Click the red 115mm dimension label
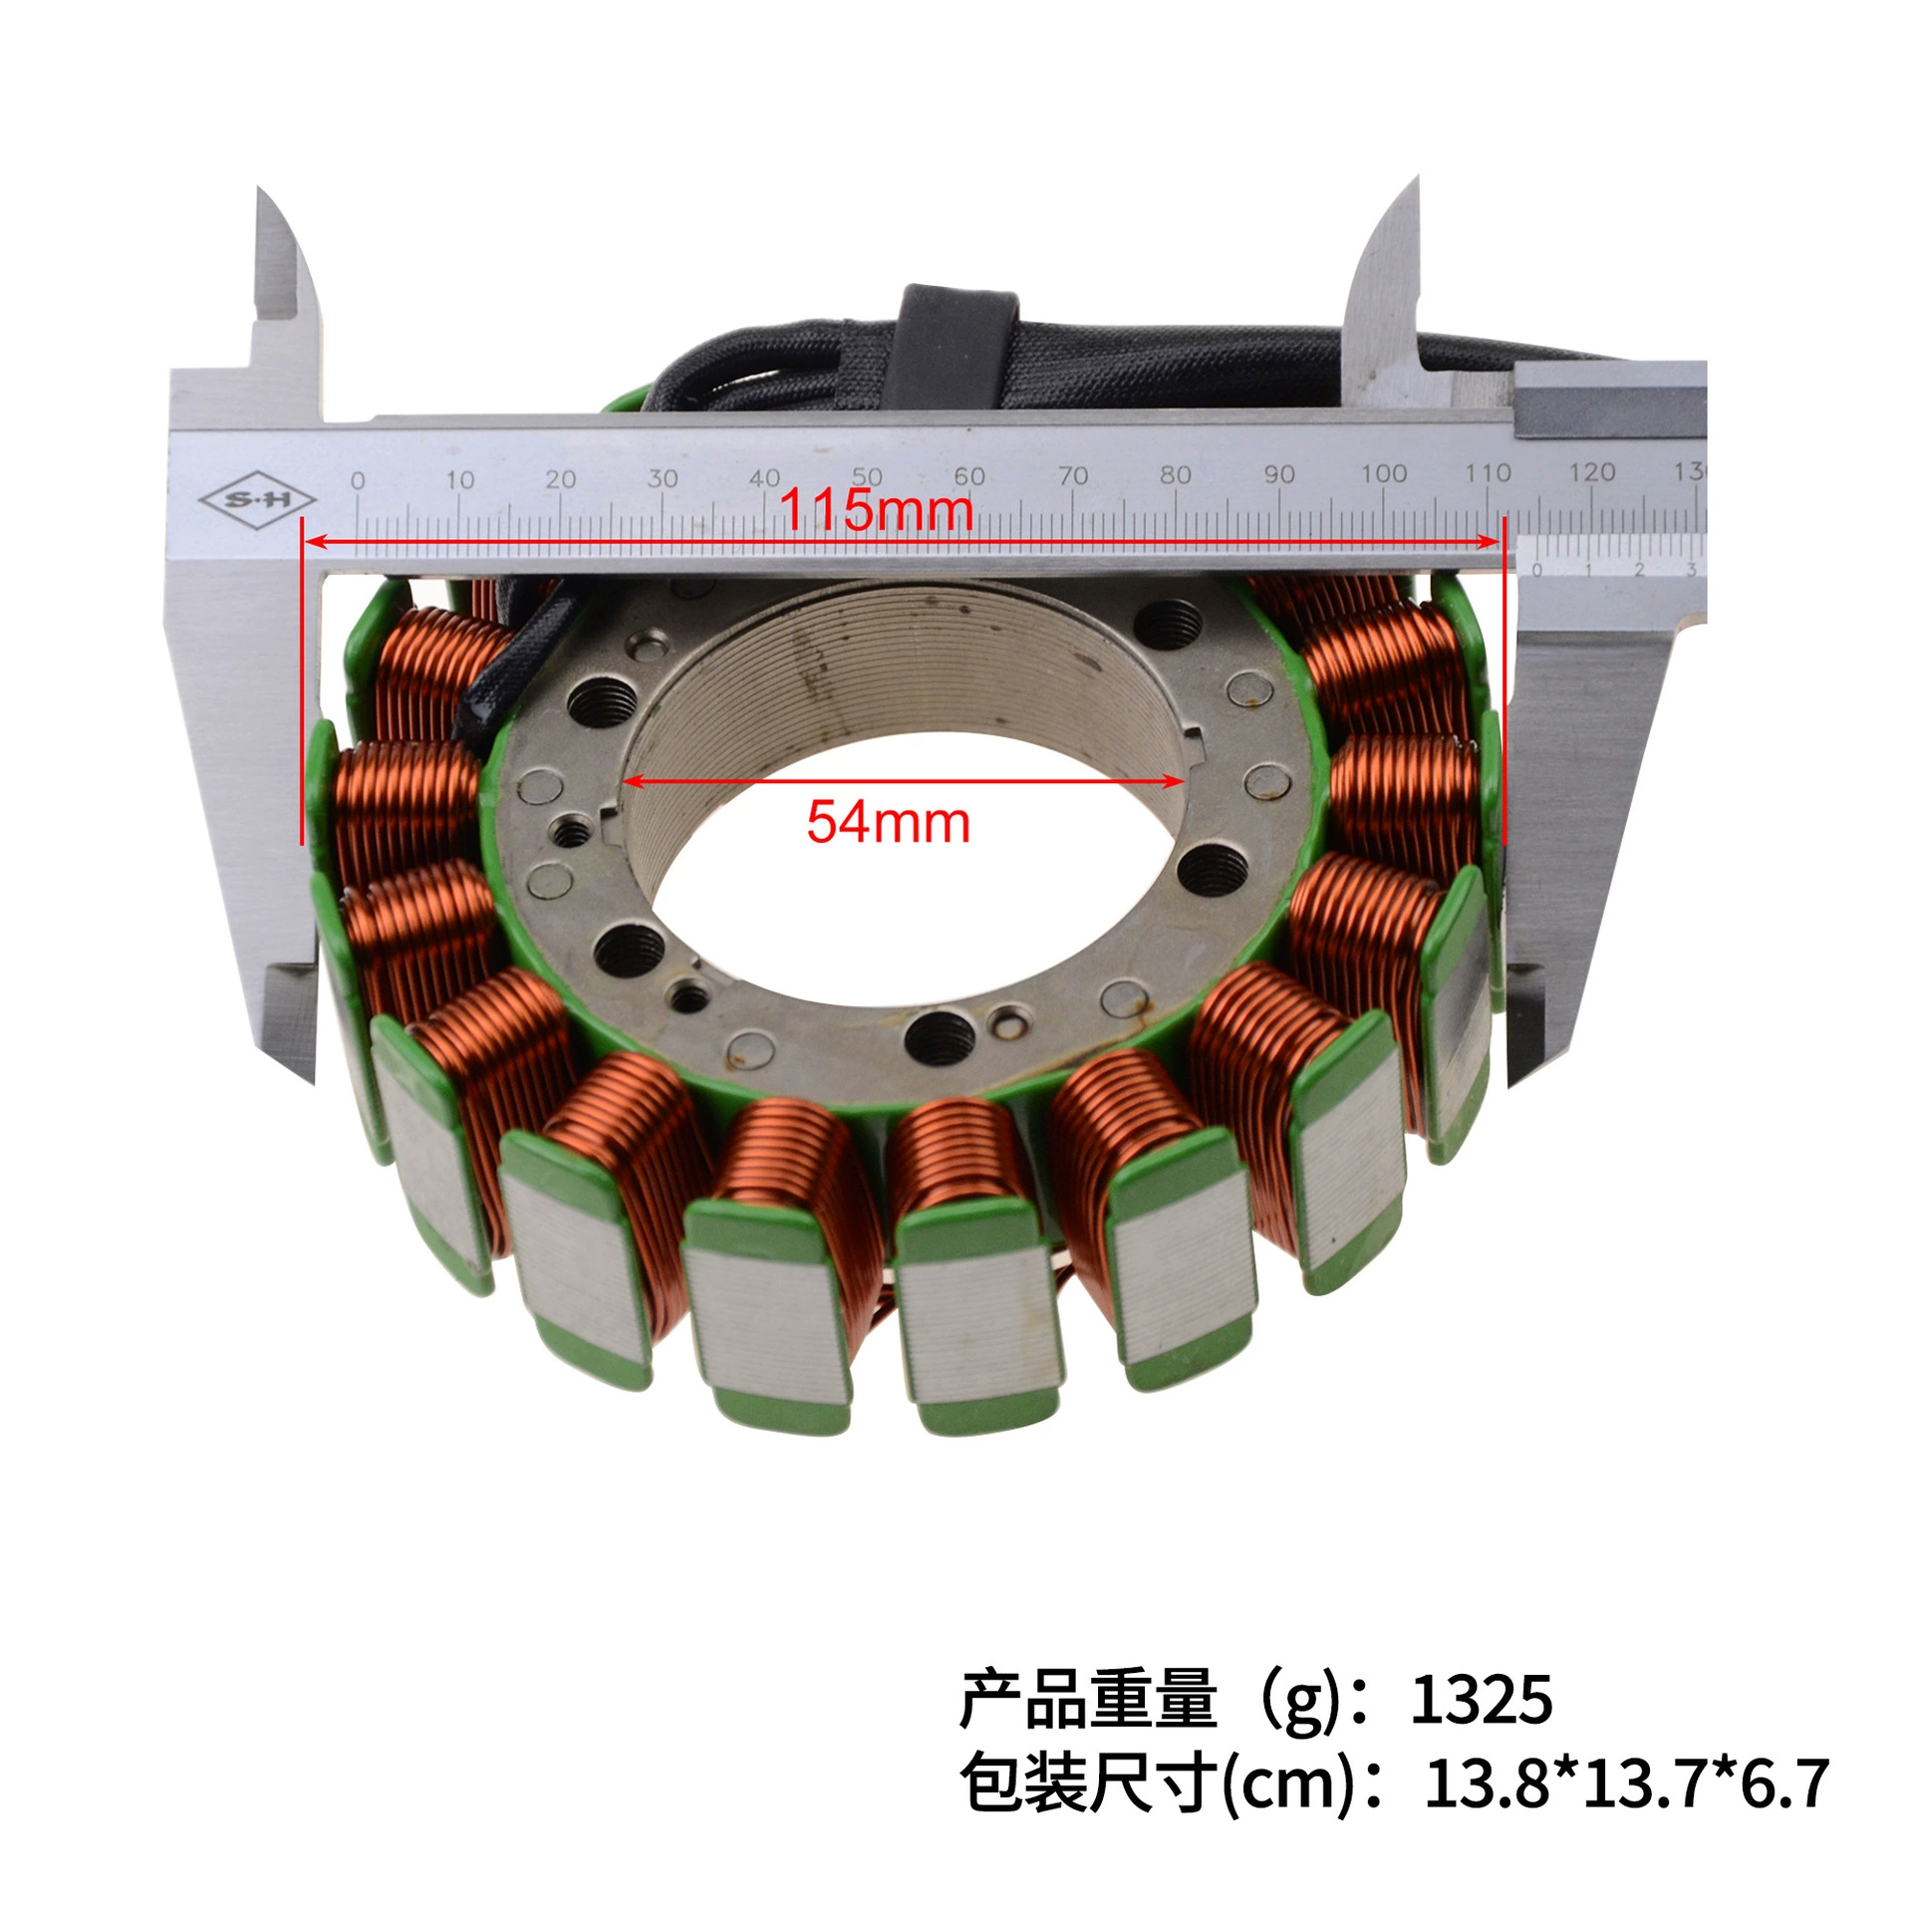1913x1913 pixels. [x=876, y=510]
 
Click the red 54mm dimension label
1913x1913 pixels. [x=888, y=823]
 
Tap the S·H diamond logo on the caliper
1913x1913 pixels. [x=258, y=499]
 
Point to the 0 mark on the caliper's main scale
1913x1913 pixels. [x=358, y=481]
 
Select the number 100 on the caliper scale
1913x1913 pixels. [x=1384, y=474]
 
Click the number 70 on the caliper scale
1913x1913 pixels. [x=1072, y=476]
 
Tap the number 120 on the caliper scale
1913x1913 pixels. [x=1591, y=472]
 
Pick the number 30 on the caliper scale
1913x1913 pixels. [x=663, y=479]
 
